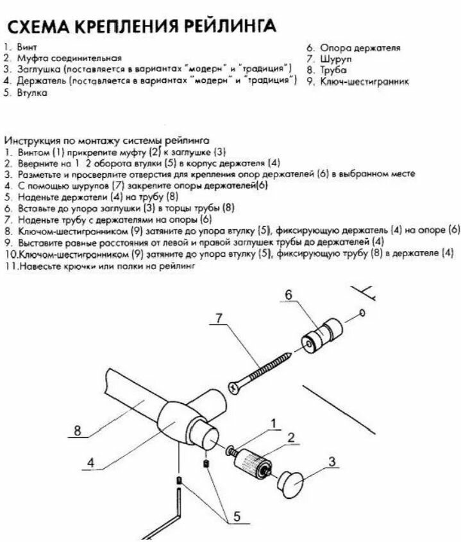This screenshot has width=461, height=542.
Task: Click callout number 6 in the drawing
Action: click(x=288, y=294)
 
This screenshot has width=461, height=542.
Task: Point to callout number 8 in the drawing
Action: click(x=77, y=432)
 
